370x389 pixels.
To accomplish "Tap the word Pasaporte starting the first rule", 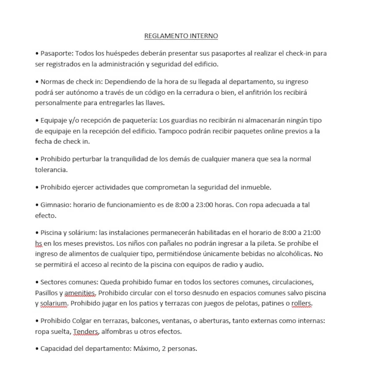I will click(x=57, y=54).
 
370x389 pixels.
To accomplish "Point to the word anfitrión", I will click(x=258, y=92).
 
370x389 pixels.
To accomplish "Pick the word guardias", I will click(x=183, y=121).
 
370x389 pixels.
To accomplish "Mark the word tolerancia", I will click(x=51, y=170).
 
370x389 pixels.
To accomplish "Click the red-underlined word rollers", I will click(x=302, y=304).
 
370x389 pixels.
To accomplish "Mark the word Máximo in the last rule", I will click(x=146, y=349).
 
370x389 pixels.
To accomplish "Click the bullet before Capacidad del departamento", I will click(x=37, y=349).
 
